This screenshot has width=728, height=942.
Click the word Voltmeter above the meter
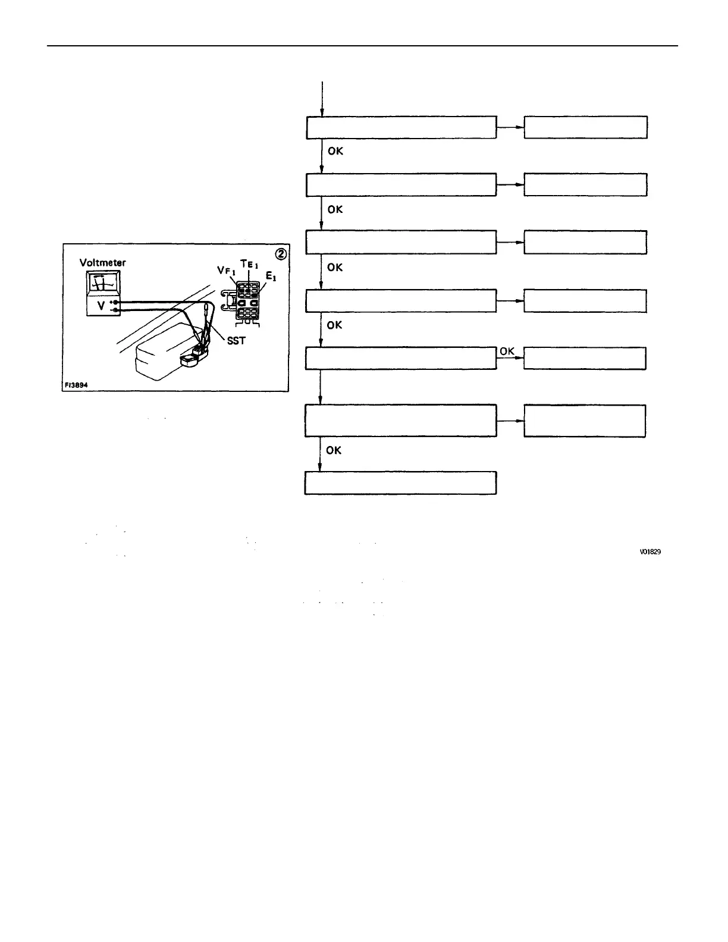[x=103, y=262]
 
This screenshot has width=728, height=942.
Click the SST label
[x=236, y=341]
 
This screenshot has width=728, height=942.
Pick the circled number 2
[x=281, y=253]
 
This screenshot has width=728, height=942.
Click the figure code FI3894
[x=76, y=385]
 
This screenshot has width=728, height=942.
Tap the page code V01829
[x=650, y=552]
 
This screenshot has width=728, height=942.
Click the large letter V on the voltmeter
[x=101, y=306]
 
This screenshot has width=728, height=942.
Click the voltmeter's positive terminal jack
[x=115, y=302]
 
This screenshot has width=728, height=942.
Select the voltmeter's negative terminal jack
[x=115, y=310]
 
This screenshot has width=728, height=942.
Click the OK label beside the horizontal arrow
[x=507, y=351]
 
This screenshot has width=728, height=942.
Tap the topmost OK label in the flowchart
[x=335, y=151]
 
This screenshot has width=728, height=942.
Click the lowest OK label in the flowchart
[x=334, y=450]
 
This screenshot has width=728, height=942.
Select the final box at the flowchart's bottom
[x=400, y=483]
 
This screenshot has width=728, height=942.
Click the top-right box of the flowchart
[x=585, y=127]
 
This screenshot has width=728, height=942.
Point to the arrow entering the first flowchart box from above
[x=322, y=98]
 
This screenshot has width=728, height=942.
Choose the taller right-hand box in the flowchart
[x=584, y=421]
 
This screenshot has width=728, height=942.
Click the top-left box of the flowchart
[x=401, y=127]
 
